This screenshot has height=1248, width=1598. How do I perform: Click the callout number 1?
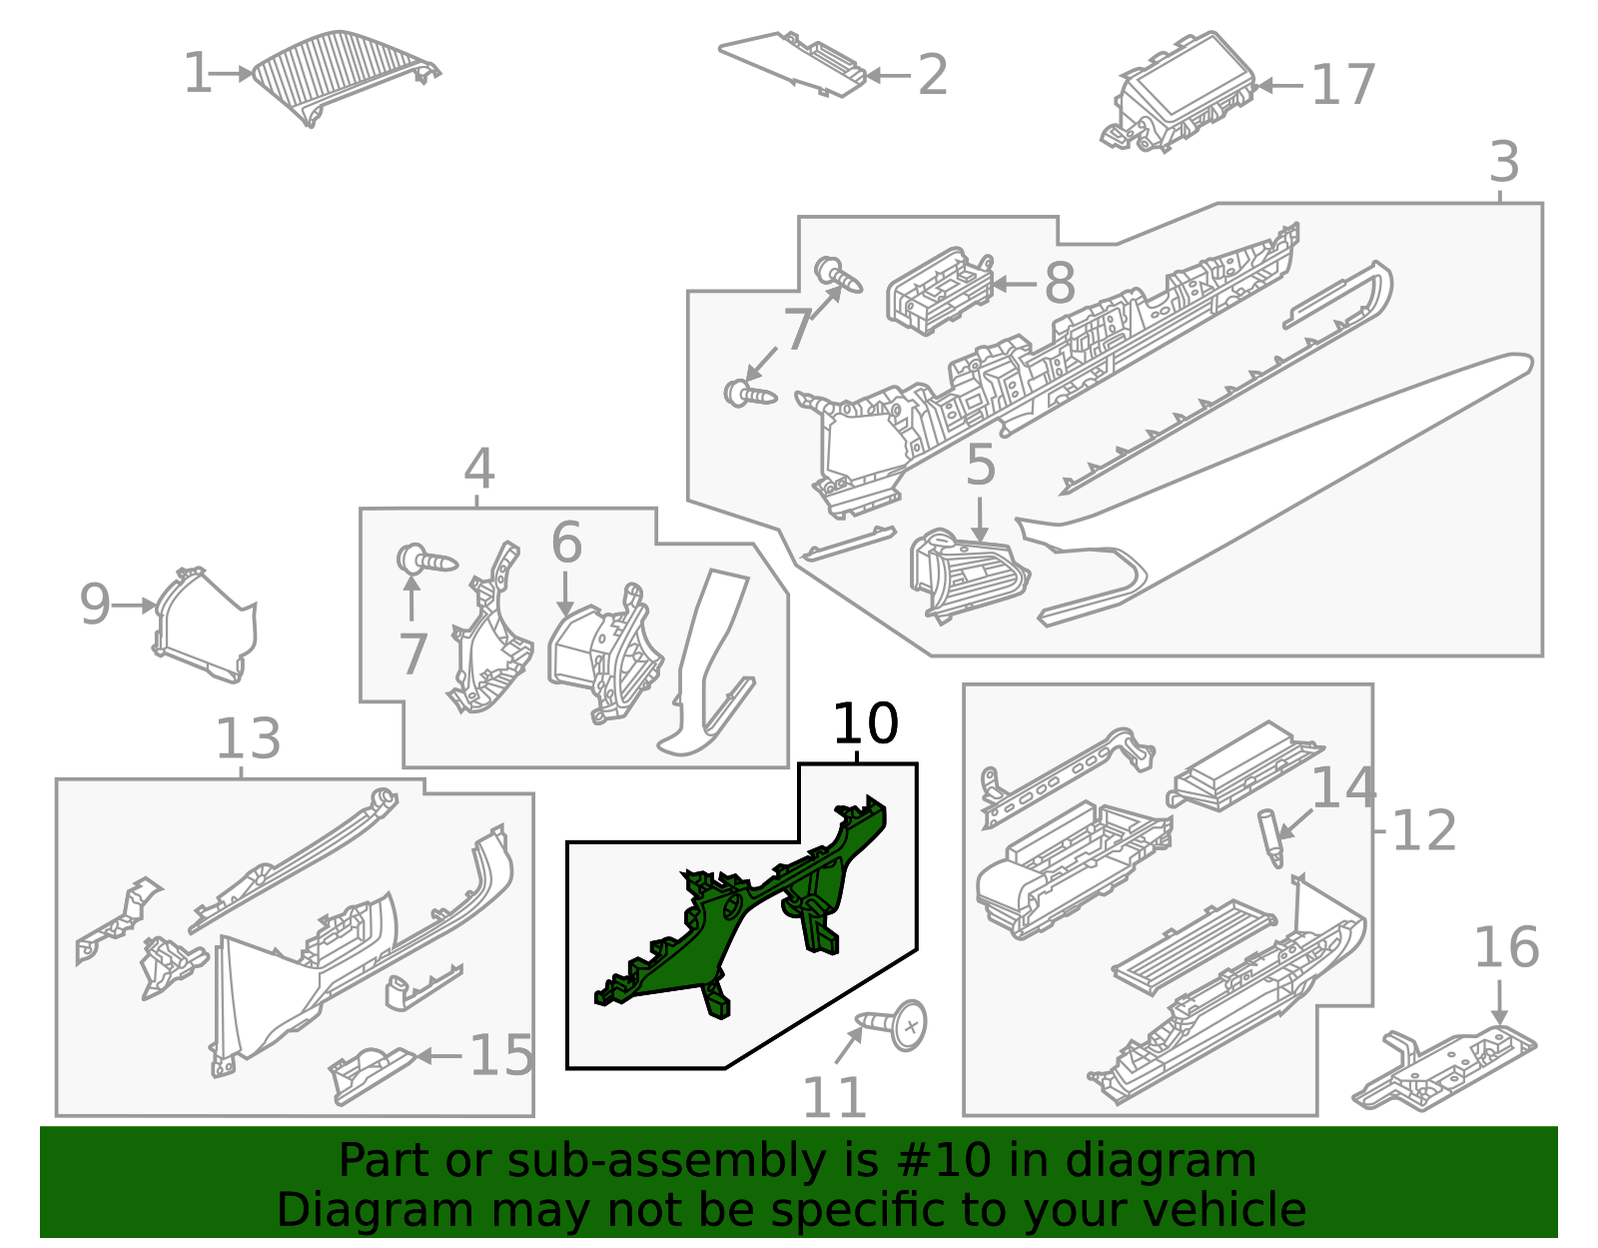pyautogui.click(x=197, y=74)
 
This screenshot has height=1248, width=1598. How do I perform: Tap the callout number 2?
pyautogui.click(x=932, y=75)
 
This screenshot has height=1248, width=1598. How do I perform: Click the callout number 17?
pyautogui.click(x=1343, y=85)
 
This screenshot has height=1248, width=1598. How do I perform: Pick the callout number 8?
pyautogui.click(x=1060, y=284)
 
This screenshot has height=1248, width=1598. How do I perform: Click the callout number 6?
pyautogui.click(x=566, y=543)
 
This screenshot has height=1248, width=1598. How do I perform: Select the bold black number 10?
pyautogui.click(x=865, y=723)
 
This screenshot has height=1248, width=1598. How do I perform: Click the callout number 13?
pyautogui.click(x=248, y=739)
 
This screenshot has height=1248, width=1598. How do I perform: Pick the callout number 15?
pyautogui.click(x=501, y=1055)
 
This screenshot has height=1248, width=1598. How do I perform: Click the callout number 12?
pyautogui.click(x=1423, y=830)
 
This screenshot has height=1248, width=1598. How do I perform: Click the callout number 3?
pyautogui.click(x=1504, y=162)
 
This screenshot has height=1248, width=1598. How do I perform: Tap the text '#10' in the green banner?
pyautogui.click(x=944, y=1161)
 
